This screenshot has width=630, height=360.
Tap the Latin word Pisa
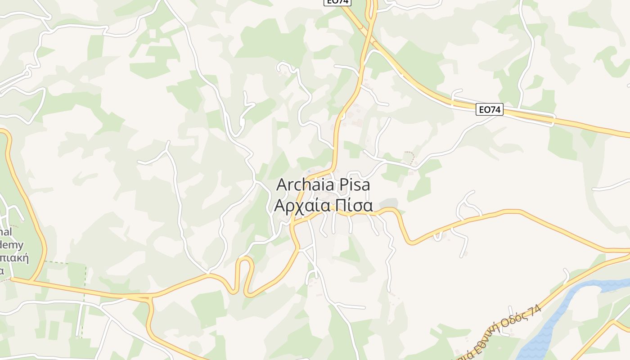coord(353,185)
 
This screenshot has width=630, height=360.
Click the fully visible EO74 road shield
coord(489,109)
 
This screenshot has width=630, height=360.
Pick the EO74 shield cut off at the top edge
coord(337,2)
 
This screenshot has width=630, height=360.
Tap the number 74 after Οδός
coord(535,309)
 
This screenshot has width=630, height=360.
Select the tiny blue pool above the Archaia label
coord(309,171)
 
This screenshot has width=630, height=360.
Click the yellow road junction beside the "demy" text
coord(31,281)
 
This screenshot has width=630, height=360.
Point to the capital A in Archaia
coord(282,185)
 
